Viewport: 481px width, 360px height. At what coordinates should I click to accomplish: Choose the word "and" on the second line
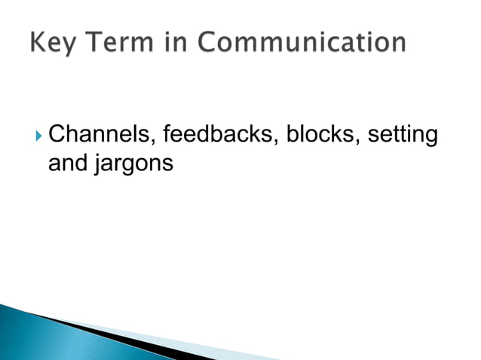point(66,162)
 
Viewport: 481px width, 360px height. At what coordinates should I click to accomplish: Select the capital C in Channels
point(57,136)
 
